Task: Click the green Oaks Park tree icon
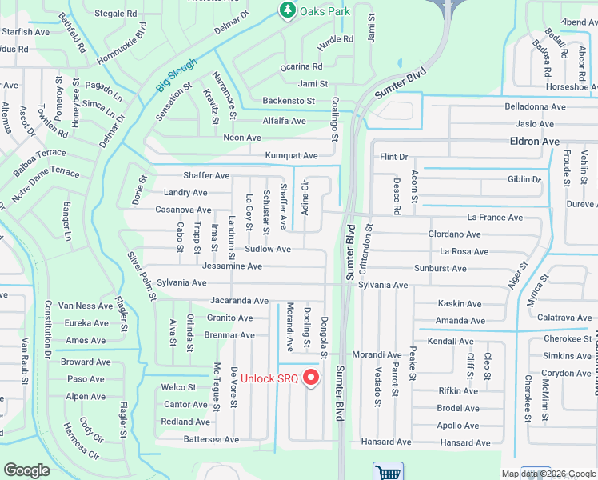286,10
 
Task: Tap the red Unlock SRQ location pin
312,378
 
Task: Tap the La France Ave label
495,218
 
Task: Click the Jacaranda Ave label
239,301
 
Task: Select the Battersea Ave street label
211,439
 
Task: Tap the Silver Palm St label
142,276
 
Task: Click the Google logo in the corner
26,470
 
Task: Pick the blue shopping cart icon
388,472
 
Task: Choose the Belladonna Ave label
535,106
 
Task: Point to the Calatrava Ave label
564,318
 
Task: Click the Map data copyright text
548,474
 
